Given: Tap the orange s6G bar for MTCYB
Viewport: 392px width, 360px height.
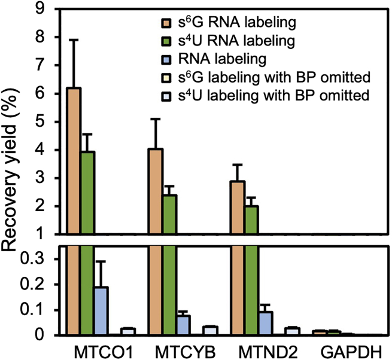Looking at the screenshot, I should tap(155, 191).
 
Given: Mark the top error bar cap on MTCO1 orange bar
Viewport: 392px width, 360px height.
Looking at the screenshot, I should tap(74, 39).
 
